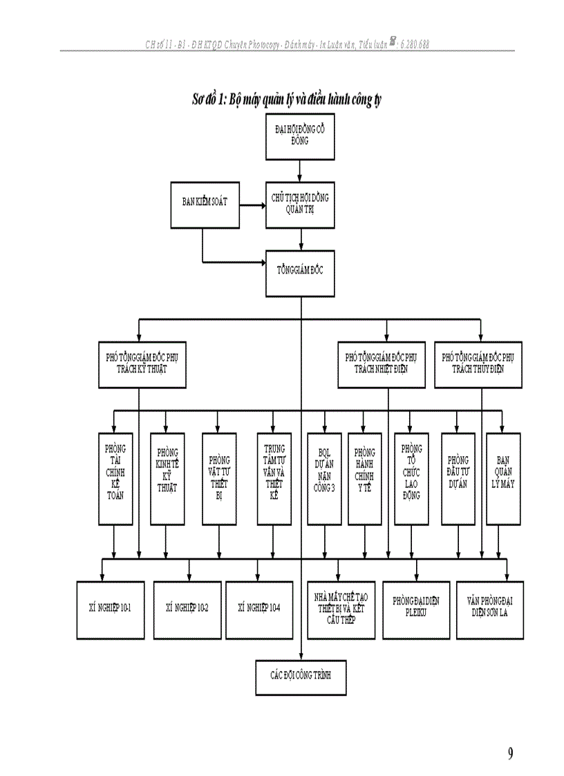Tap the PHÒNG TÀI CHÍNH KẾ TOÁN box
115,477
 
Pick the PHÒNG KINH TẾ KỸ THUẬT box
167,477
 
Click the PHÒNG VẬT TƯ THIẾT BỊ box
219,477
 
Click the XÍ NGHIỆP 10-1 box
111,609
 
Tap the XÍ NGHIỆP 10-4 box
258,609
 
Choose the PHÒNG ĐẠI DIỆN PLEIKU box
415,609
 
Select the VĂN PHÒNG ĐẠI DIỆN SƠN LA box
489,609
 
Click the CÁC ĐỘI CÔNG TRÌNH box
301,675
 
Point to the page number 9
510,754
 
